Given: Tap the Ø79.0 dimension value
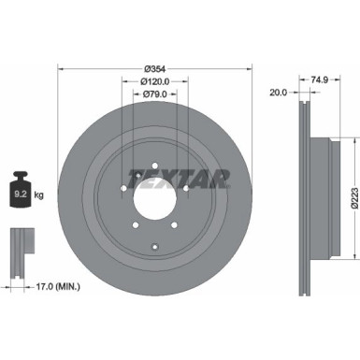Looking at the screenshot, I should coord(155,94).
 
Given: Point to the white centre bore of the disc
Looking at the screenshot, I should coord(155,194).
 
